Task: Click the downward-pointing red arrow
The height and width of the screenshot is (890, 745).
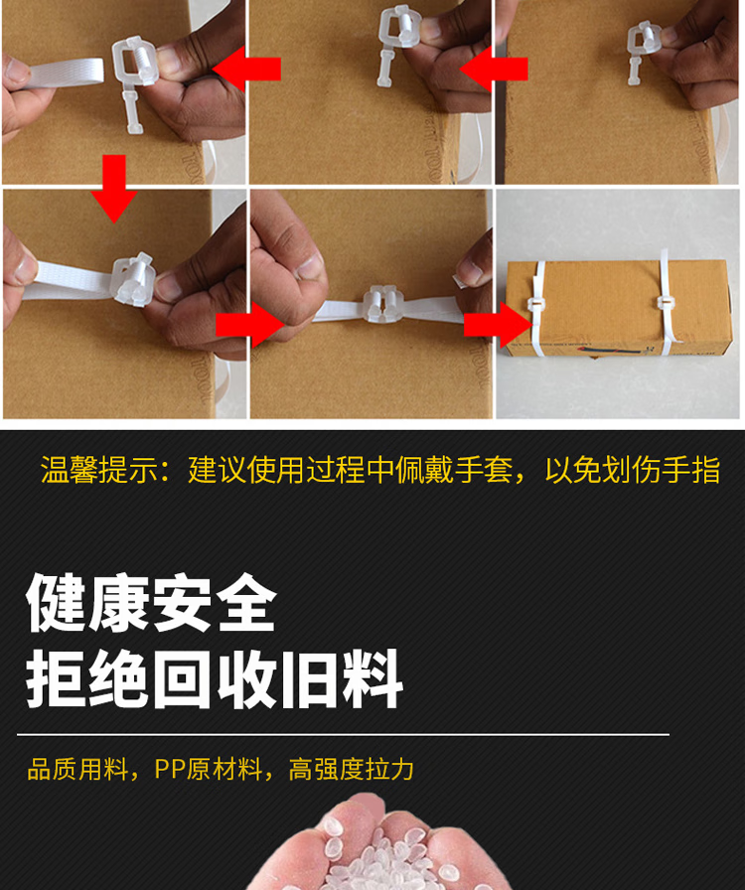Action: coord(114,188)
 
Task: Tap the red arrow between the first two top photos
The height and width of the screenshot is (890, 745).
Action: coord(246,69)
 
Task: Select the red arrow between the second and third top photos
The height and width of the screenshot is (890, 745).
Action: coord(494,69)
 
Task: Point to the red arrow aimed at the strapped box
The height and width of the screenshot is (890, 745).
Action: coord(498,325)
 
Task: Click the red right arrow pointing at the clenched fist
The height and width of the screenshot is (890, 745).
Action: coord(250,325)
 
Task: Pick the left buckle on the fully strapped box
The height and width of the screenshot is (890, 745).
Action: coord(536,305)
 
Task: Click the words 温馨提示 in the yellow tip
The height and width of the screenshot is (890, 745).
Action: coord(98,470)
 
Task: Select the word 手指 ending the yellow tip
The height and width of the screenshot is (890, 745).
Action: coord(691,470)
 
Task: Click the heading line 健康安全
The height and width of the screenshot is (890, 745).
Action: coord(152,602)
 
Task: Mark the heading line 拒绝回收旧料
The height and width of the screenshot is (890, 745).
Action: coord(215,679)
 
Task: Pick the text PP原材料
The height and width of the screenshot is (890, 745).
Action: coord(208,770)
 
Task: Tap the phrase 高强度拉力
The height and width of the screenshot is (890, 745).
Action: coord(351,770)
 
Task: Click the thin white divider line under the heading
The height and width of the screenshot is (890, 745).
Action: coord(343,734)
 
